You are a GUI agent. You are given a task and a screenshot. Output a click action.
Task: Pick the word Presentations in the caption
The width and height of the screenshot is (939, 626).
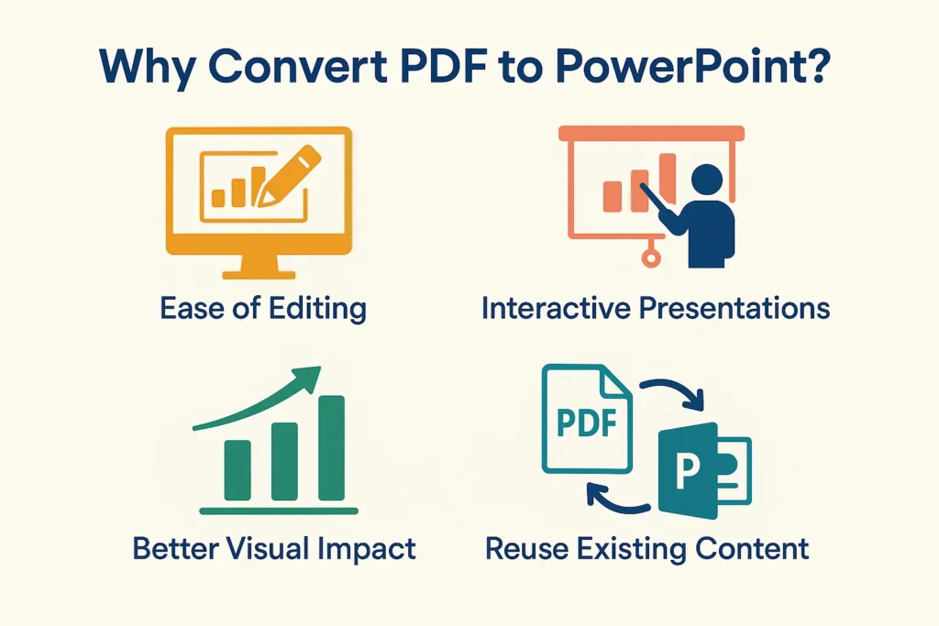click(728, 308)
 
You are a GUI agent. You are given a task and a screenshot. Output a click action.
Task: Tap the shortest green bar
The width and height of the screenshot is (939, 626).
click(238, 469)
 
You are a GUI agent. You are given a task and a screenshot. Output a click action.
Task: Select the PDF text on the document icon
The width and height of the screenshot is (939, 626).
click(586, 424)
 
